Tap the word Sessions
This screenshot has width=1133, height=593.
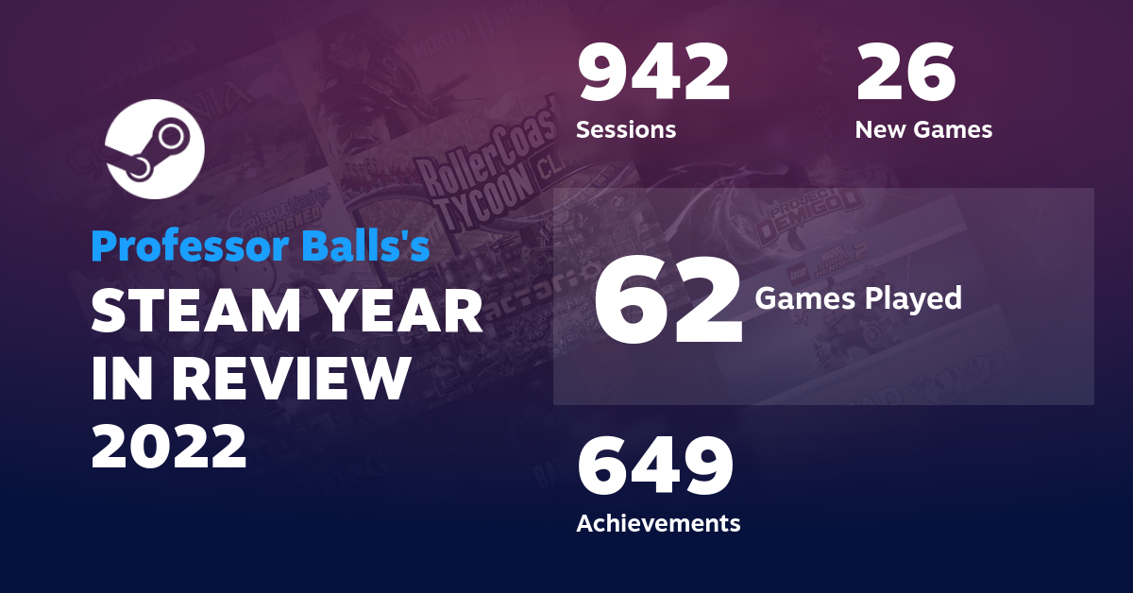pyautogui.click(x=626, y=129)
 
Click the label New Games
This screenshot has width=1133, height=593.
pyautogui.click(x=923, y=129)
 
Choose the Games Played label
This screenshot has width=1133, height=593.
pyautogui.click(x=858, y=298)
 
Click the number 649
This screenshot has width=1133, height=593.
pyautogui.click(x=655, y=467)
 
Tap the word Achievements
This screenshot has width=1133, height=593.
pyautogui.click(x=658, y=522)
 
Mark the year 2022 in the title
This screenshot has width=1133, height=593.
pyautogui.click(x=169, y=445)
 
